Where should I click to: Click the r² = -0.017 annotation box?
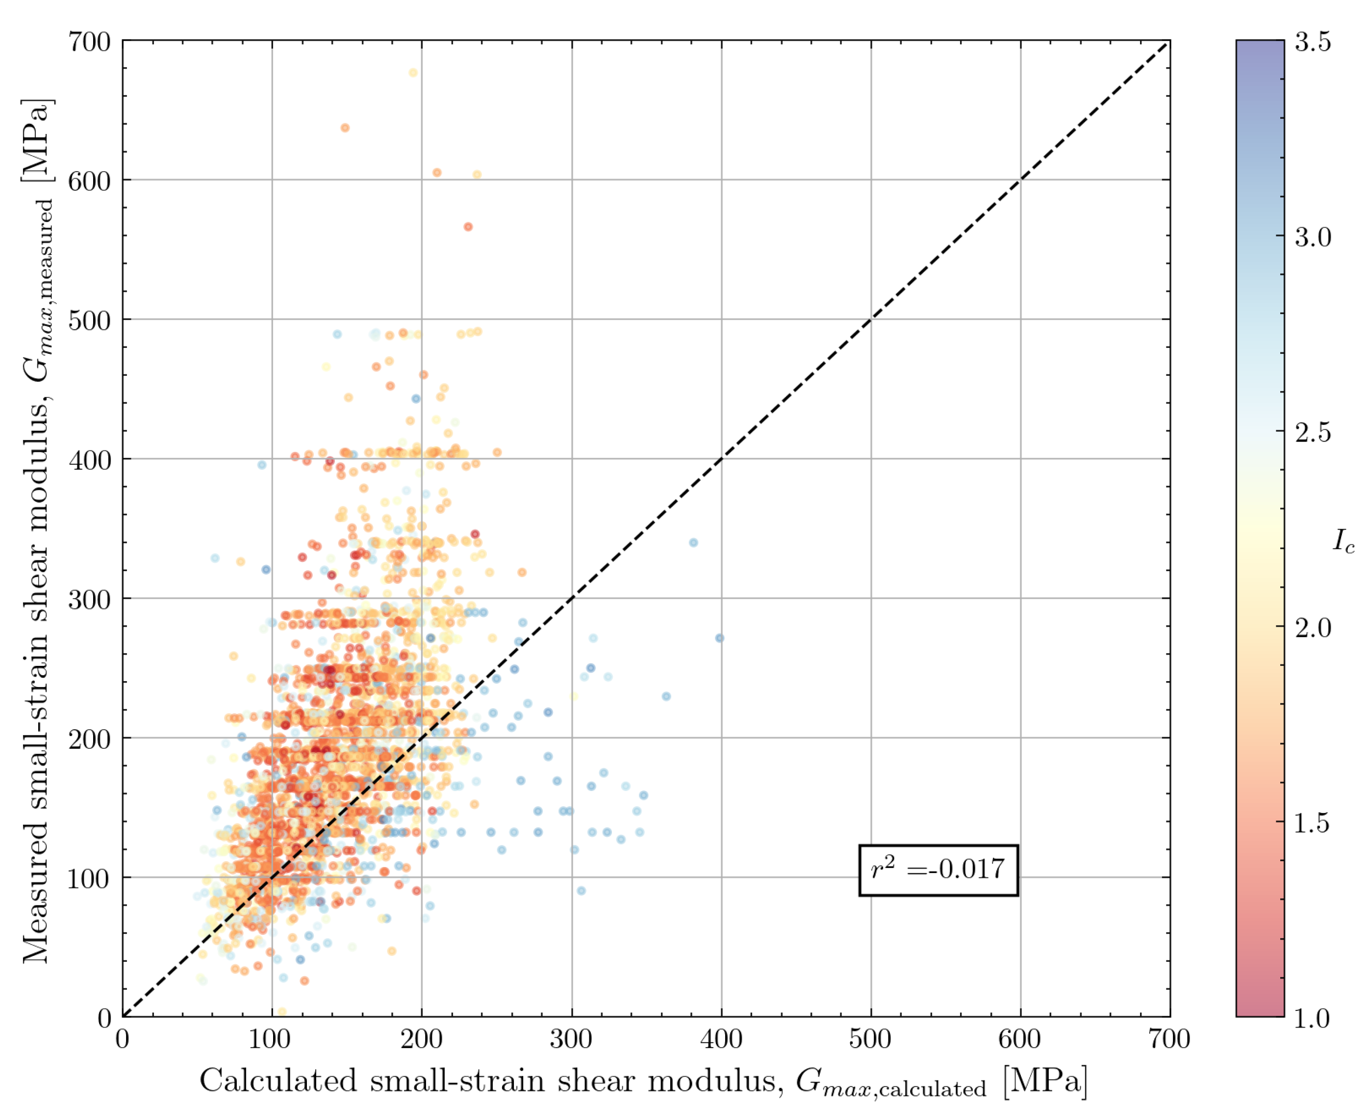pyautogui.click(x=938, y=870)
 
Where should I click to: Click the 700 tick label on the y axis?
pyautogui.click(x=89, y=43)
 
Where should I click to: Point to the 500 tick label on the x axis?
pyautogui.click(x=870, y=1039)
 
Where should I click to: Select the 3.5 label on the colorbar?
pyautogui.click(x=1313, y=42)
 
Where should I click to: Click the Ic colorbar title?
pyautogui.click(x=1343, y=542)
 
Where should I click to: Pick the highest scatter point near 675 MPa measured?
pyautogui.click(x=413, y=73)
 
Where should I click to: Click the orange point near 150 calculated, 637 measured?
pyautogui.click(x=345, y=128)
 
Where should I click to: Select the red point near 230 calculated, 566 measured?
pyautogui.click(x=468, y=227)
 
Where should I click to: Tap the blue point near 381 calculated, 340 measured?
pyautogui.click(x=693, y=542)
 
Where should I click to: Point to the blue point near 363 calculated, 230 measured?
pyautogui.click(x=666, y=696)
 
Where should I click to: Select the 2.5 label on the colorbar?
pyautogui.click(x=1313, y=432)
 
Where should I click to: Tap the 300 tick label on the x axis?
pyautogui.click(x=571, y=1039)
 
